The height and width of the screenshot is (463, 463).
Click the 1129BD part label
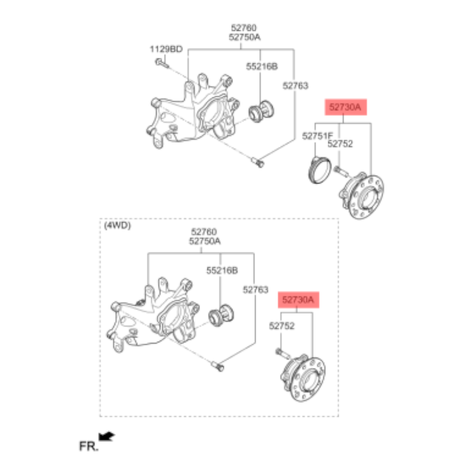point(166,49)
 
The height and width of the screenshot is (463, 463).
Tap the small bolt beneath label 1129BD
point(162,63)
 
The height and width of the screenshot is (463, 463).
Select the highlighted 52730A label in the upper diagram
point(346,108)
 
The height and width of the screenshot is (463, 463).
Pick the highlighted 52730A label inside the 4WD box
point(299,300)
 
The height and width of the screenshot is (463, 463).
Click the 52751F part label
point(317,136)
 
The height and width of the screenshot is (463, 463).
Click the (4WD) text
point(117,225)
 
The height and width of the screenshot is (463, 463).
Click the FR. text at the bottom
point(89,446)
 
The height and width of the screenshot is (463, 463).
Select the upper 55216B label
point(262,66)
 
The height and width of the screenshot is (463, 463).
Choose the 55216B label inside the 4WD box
point(222,271)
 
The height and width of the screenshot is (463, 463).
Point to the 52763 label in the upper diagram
point(295,86)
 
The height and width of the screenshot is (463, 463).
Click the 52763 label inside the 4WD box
point(256,289)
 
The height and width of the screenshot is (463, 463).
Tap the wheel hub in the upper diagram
point(362,195)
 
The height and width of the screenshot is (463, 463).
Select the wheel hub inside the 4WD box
point(303,377)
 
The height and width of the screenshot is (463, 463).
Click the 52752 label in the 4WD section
point(282,326)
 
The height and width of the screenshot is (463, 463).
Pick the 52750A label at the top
point(244,37)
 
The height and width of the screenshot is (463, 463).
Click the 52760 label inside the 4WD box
point(204,232)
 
